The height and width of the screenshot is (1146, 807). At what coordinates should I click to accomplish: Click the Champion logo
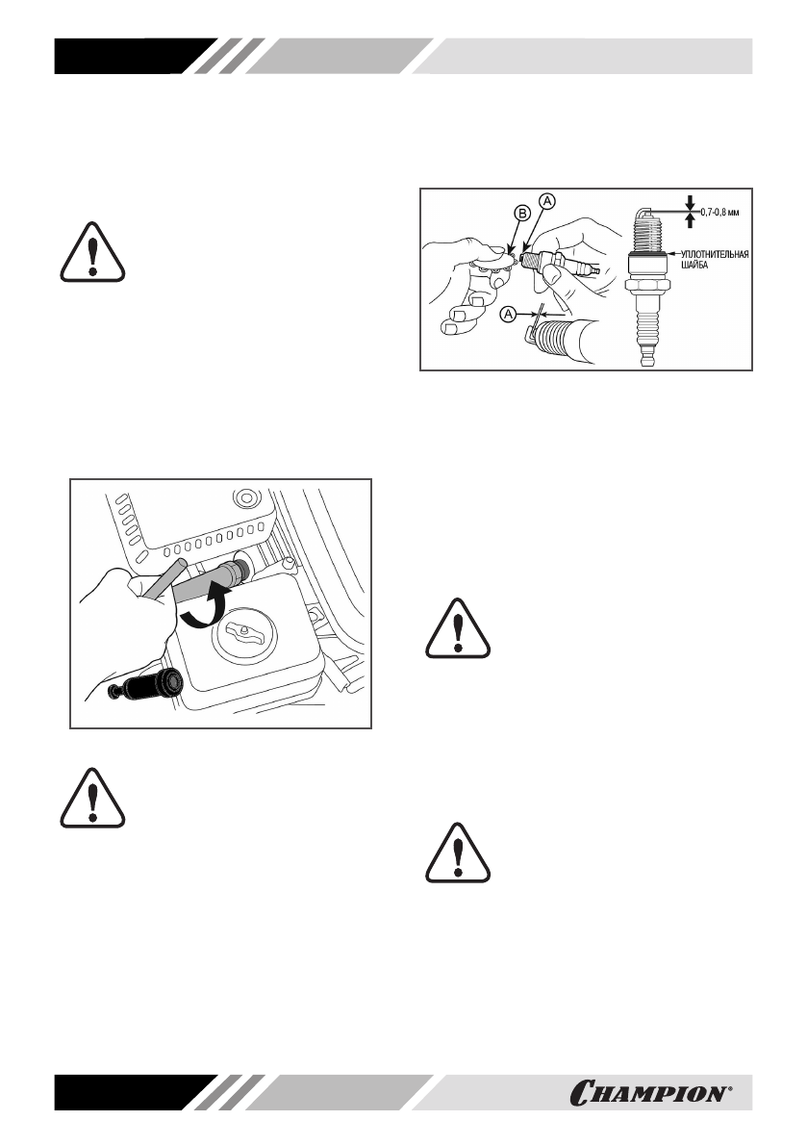[x=663, y=1093]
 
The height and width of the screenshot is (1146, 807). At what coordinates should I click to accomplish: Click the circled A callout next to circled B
[x=546, y=200]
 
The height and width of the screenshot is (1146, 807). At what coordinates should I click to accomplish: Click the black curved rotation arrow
[x=206, y=609]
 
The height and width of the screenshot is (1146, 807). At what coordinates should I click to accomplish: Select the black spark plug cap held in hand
[x=154, y=684]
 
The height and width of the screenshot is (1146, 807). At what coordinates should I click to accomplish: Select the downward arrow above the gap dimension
[x=690, y=201]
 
